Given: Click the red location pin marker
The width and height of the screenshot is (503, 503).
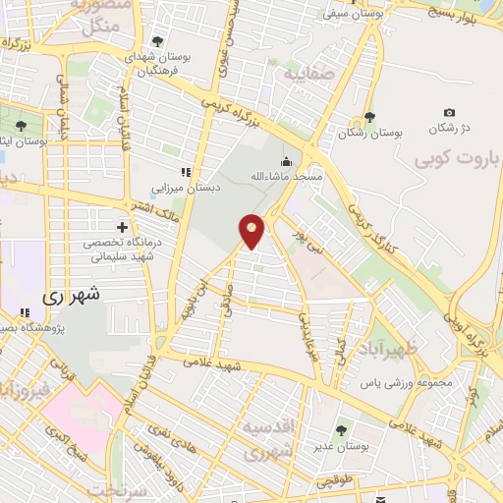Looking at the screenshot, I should coord(252,230).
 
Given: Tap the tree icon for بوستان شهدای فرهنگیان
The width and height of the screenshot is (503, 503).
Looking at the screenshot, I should coord(157,41).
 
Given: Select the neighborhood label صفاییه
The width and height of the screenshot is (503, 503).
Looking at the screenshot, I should coord(309,74).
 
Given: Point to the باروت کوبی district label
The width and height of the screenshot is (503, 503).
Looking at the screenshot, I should coord(457,157).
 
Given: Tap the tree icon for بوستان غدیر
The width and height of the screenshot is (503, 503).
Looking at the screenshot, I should coord(341,429).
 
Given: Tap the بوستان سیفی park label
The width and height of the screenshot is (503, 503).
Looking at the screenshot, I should coord(349,15).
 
